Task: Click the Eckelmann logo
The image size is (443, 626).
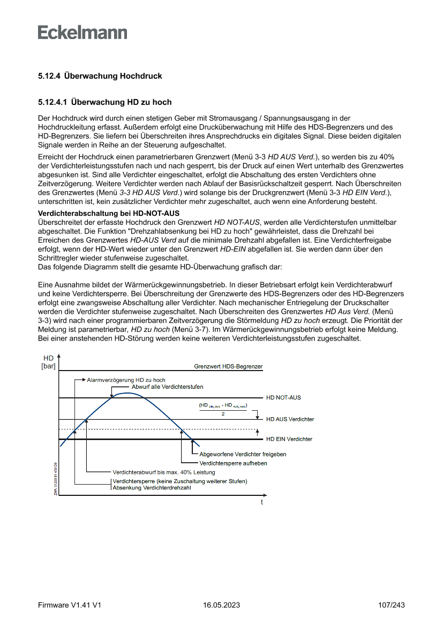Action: (82, 32)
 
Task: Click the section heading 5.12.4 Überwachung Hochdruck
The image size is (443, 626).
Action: (100, 76)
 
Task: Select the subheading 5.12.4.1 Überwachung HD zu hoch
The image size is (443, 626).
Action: (104, 102)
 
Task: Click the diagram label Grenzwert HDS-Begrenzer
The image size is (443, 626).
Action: (228, 367)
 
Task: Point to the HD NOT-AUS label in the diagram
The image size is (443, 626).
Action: (283, 398)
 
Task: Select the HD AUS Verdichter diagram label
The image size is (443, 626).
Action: (290, 419)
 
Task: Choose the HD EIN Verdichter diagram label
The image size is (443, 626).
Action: (289, 439)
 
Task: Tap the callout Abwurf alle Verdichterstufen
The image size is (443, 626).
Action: (167, 387)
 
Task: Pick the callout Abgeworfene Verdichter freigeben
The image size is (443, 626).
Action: (242, 454)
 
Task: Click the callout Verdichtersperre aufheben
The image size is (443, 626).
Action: (233, 463)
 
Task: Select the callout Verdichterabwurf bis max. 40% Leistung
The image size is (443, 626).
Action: (163, 472)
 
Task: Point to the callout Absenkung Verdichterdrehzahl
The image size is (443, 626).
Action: (151, 488)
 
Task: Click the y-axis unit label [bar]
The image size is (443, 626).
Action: (48, 367)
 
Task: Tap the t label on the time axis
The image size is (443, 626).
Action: (262, 502)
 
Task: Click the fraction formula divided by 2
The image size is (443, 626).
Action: (223, 409)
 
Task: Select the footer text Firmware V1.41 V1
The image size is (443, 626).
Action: (70, 605)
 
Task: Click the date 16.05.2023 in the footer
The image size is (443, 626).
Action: (221, 605)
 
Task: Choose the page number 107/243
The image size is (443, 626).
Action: (391, 605)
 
